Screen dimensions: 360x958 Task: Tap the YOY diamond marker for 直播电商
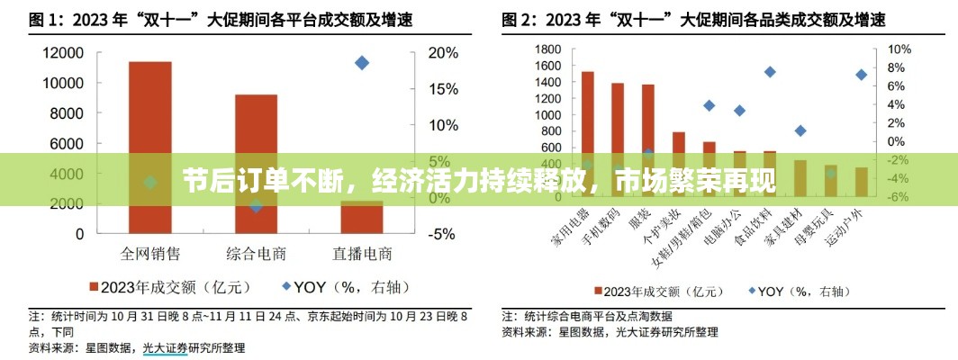(x=362, y=63)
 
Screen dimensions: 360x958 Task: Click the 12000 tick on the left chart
(x=64, y=53)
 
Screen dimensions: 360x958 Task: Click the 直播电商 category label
(x=362, y=253)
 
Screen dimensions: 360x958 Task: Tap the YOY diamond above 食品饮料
(x=770, y=72)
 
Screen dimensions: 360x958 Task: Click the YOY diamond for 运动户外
(x=862, y=75)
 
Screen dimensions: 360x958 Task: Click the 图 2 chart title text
(x=693, y=18)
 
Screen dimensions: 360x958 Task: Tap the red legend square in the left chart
(x=93, y=287)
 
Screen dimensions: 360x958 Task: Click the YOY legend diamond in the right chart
(x=751, y=291)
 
